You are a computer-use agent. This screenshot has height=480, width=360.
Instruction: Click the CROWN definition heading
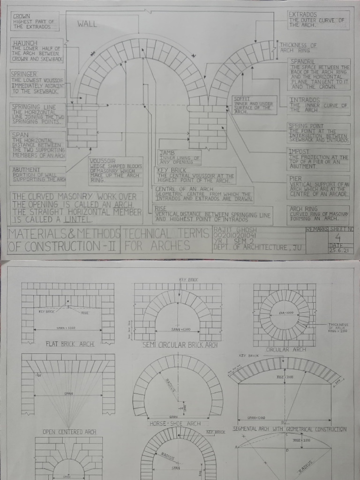(22, 16)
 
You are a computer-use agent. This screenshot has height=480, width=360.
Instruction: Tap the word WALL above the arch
(88, 24)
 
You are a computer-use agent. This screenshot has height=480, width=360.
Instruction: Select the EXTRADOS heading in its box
(303, 15)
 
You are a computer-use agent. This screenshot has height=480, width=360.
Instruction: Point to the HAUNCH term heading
(25, 43)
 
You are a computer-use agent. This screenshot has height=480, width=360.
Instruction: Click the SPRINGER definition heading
(23, 74)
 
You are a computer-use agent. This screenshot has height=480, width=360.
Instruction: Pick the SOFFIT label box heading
(242, 99)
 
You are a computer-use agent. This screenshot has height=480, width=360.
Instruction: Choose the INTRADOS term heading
(305, 100)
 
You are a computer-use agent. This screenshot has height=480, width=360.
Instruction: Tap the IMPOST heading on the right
(299, 151)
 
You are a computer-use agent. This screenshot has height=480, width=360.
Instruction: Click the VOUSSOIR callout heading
(103, 161)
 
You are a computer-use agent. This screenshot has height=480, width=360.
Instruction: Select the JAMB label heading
(166, 153)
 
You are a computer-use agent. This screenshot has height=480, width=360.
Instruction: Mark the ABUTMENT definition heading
(26, 170)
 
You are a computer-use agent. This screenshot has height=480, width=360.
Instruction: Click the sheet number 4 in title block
(337, 237)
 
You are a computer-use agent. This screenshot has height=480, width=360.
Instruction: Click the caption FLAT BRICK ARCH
(70, 344)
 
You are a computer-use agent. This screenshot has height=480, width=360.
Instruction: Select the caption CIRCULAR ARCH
(286, 350)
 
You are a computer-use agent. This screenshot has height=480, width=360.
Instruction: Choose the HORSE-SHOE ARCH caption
(175, 424)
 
